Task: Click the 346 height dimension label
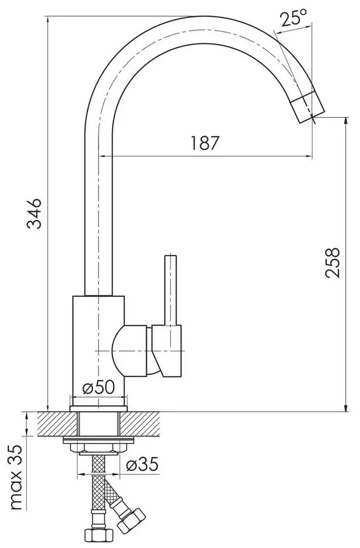tap(34, 214)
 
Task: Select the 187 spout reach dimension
tap(205, 144)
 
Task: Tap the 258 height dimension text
tap(333, 262)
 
